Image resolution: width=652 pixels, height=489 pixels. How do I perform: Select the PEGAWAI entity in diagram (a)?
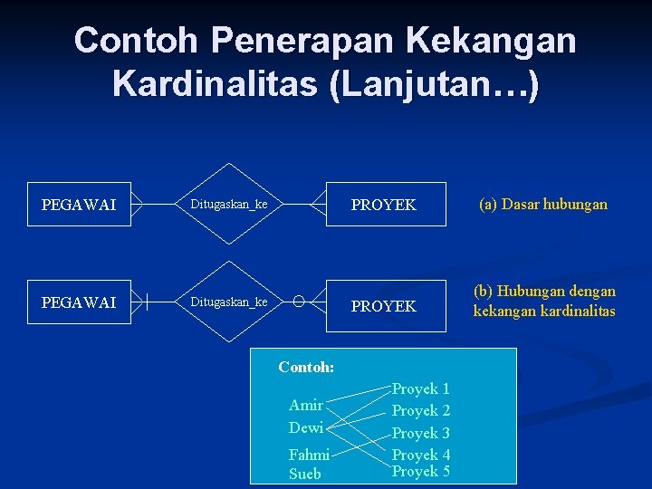coord(79,205)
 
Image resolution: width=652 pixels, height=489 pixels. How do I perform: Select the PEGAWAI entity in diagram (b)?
coord(79,302)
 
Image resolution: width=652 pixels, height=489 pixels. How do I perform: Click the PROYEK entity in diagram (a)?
coord(383,205)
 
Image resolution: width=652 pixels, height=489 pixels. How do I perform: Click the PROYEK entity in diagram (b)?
coord(383,306)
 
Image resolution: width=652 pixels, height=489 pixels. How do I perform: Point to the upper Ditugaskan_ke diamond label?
coord(228,205)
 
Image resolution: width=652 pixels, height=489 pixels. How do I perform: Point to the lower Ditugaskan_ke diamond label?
coord(228,302)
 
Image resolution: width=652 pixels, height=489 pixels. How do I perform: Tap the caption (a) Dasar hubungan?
coord(542,205)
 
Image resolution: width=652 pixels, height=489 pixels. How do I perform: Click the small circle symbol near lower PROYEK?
coord(299,302)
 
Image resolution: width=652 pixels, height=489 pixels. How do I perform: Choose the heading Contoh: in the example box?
coord(306,368)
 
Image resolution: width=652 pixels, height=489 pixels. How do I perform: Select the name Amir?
coord(305,405)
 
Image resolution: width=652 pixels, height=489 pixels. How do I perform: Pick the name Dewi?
coord(305,427)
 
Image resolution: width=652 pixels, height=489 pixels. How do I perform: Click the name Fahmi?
coord(309,455)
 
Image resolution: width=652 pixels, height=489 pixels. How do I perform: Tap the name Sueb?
coord(304,474)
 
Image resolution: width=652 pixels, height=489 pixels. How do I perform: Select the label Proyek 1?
coord(420,388)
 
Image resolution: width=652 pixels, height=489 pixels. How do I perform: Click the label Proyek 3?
coord(420,433)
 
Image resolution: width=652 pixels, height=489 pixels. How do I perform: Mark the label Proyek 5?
coord(420,471)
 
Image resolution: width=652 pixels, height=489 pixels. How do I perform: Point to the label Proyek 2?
coord(420,410)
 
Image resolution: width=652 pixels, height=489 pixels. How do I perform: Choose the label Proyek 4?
coord(420,455)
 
